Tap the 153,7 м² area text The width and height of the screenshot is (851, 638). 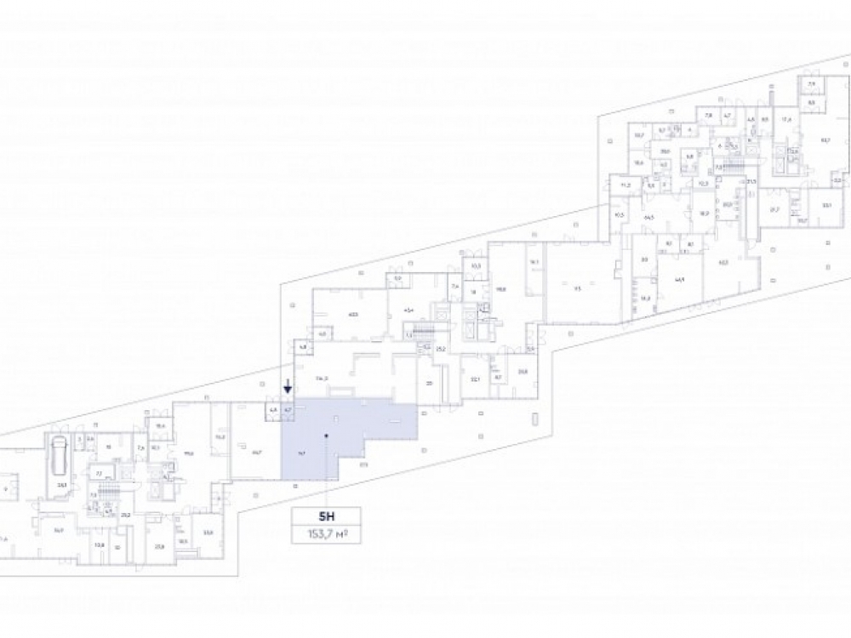coord(326,533)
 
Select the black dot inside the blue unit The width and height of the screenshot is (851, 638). coord(326,436)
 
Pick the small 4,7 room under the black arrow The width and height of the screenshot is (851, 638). coord(288,410)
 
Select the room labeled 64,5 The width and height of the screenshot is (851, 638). coord(648,218)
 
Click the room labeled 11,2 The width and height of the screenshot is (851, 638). coord(625,185)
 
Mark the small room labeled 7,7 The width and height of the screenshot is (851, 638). coord(99,473)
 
